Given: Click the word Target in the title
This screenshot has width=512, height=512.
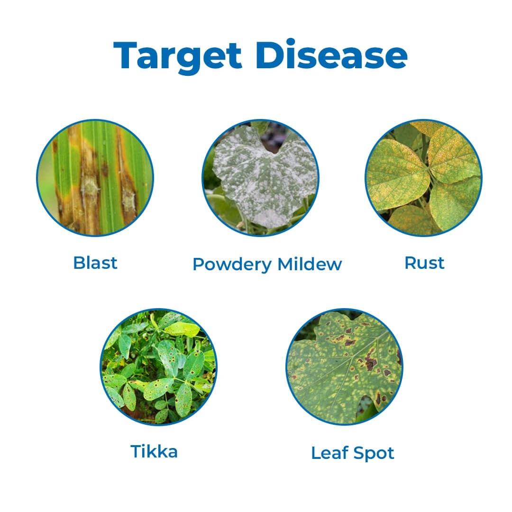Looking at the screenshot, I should click(177, 56).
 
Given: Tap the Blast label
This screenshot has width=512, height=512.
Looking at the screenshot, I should click(95, 263).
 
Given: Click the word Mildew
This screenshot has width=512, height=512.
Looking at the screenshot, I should click(310, 264).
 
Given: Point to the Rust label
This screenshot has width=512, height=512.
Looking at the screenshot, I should click(424, 263).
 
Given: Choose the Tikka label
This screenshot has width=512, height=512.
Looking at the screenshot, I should click(154, 451).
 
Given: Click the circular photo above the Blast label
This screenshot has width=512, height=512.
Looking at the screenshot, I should click(95, 177).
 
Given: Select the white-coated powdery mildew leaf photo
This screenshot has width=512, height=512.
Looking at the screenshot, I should click(260, 177).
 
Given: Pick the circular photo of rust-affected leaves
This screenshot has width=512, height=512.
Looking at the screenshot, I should click(423, 177).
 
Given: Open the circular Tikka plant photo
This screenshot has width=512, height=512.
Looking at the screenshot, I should click(158, 367).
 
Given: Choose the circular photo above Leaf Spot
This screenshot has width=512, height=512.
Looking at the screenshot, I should click(344, 367).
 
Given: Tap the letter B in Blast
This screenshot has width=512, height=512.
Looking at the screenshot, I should click(78, 263).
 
